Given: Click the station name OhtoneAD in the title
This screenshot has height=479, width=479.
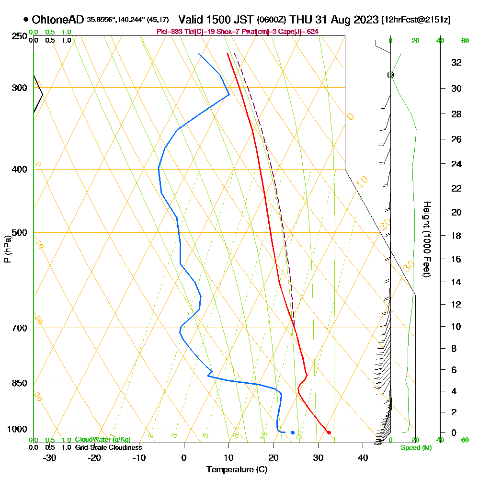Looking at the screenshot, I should [x=58, y=20].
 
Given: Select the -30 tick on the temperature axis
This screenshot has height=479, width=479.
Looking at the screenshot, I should [x=50, y=458].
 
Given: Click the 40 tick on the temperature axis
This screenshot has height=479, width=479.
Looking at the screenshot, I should [x=363, y=458].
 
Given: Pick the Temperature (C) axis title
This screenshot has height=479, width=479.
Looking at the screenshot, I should [x=237, y=470].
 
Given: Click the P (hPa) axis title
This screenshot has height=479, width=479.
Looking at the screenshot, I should [x=7, y=249].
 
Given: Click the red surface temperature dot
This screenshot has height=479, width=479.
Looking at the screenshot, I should [x=329, y=433].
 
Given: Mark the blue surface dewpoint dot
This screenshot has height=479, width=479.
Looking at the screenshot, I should [x=293, y=433].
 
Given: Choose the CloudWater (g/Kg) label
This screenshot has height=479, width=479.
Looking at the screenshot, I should [x=103, y=440].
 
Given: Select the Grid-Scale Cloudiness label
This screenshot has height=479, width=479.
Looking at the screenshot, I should [x=108, y=447].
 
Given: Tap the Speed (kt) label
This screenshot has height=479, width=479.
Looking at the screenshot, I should [x=414, y=448].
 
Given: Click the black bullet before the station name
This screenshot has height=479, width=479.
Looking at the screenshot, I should [x=25, y=20].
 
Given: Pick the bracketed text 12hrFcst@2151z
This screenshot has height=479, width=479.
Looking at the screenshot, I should [x=416, y=20].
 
